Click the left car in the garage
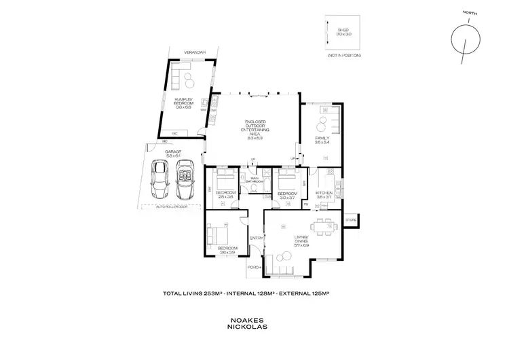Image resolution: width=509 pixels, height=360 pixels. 161,177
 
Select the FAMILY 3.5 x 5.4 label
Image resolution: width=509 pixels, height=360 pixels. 322,139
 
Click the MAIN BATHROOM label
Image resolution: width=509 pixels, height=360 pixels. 254,181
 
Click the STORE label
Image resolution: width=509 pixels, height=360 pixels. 350,220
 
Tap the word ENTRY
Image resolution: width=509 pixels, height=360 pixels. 256,238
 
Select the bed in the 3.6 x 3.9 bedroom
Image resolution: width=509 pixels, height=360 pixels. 219,236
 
